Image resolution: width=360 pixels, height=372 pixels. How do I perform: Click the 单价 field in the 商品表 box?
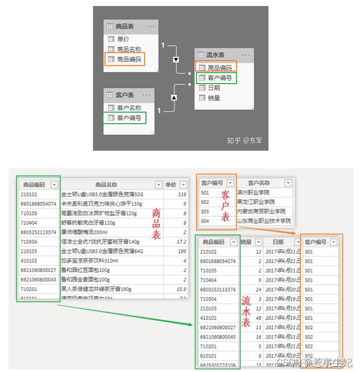coord(122,39)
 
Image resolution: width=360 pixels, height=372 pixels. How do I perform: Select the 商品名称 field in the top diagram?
coord(129,49)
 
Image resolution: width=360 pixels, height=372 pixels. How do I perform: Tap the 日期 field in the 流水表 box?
coord(214,88)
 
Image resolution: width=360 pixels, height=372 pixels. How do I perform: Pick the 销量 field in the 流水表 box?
coord(214,98)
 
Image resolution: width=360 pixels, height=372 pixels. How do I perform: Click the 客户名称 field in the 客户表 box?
coord(129,108)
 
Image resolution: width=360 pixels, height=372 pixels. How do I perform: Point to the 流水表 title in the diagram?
coord(215,55)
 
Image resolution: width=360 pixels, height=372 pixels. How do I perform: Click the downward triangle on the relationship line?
coord(175,60)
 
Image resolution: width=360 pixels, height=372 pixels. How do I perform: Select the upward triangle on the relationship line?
coord(174,98)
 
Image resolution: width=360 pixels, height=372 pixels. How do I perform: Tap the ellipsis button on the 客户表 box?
coord(146,95)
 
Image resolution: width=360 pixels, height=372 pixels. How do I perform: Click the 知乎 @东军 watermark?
coord(244,141)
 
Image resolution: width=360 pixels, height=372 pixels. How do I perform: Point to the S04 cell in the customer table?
coord(205,221)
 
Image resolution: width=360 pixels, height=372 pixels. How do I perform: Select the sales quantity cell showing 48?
coord(258,318)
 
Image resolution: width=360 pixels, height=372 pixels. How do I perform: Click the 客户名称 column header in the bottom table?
coord(259,183)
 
